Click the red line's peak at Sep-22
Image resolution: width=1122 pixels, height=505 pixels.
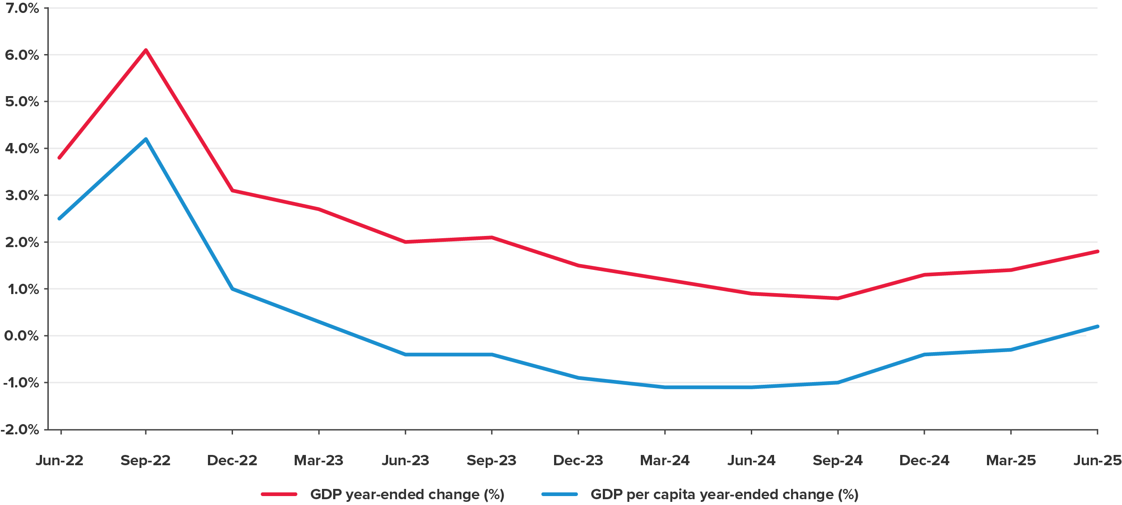[146, 50]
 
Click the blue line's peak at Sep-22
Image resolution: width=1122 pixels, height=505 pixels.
[146, 139]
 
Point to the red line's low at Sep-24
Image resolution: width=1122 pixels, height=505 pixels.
[838, 298]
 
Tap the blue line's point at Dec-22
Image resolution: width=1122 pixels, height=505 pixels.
[232, 289]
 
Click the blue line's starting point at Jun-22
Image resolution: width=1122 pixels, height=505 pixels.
[59, 219]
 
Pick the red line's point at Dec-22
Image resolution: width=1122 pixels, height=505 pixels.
[232, 190]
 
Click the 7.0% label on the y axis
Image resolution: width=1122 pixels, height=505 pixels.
[22, 8]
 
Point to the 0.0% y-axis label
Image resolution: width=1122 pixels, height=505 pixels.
[22, 336]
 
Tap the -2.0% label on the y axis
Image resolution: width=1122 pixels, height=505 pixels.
[20, 429]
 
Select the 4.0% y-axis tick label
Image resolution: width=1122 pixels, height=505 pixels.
[22, 148]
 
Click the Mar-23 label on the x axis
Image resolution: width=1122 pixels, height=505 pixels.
[318, 460]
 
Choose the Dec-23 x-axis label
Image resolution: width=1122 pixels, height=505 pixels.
[578, 460]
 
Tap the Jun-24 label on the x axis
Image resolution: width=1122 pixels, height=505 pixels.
[751, 460]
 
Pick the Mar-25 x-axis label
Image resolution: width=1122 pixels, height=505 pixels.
[1011, 460]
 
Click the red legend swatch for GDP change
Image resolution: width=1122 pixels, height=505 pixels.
[279, 494]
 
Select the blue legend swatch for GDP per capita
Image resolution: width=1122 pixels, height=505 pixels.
[559, 494]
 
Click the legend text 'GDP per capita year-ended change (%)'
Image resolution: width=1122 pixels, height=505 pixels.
[724, 494]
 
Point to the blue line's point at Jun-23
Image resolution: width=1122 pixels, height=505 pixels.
[405, 354]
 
